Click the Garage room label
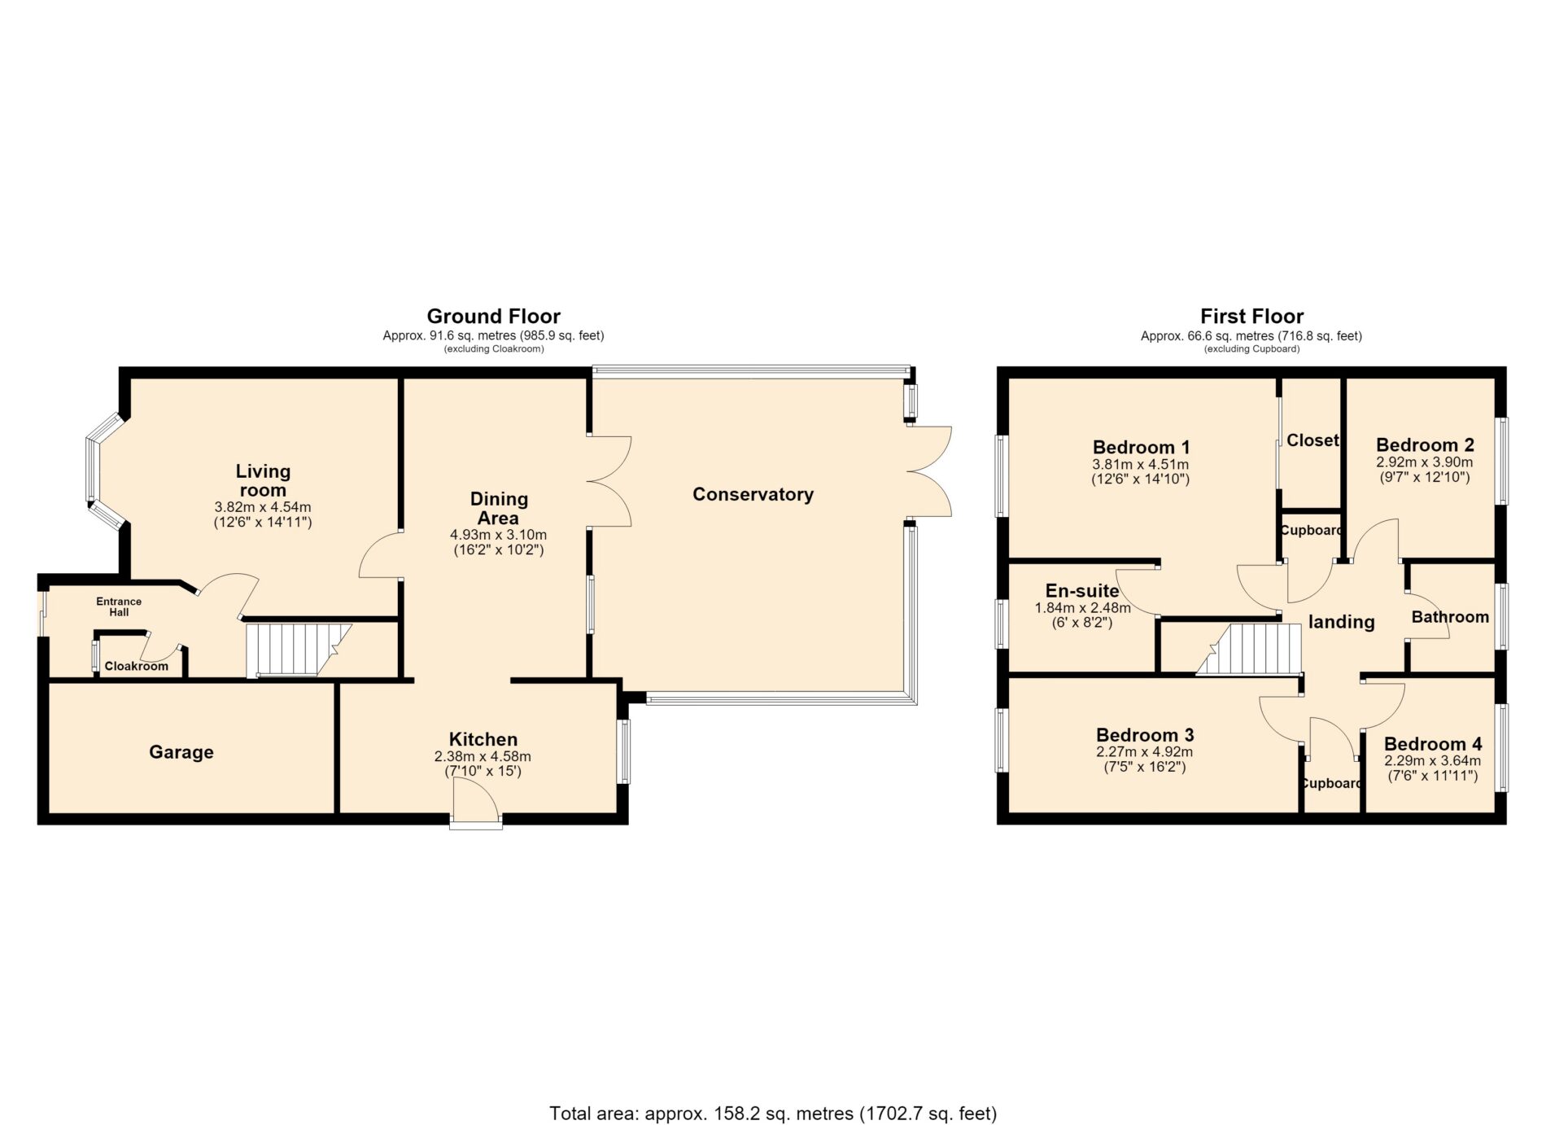tap(181, 752)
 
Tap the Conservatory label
tap(753, 494)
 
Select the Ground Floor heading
tap(493, 316)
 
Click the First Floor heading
tap(1251, 316)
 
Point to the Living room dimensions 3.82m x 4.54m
tap(263, 507)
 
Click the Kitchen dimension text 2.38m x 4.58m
tap(483, 756)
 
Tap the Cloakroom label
tap(137, 666)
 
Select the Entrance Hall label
tap(119, 606)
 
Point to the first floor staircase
tap(1249, 649)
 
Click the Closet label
tap(1312, 440)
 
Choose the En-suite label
tap(1082, 591)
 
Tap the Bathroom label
tap(1450, 617)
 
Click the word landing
tap(1341, 622)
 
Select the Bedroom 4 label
tap(1433, 744)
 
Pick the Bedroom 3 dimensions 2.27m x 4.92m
tap(1144, 752)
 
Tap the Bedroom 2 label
tap(1425, 445)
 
